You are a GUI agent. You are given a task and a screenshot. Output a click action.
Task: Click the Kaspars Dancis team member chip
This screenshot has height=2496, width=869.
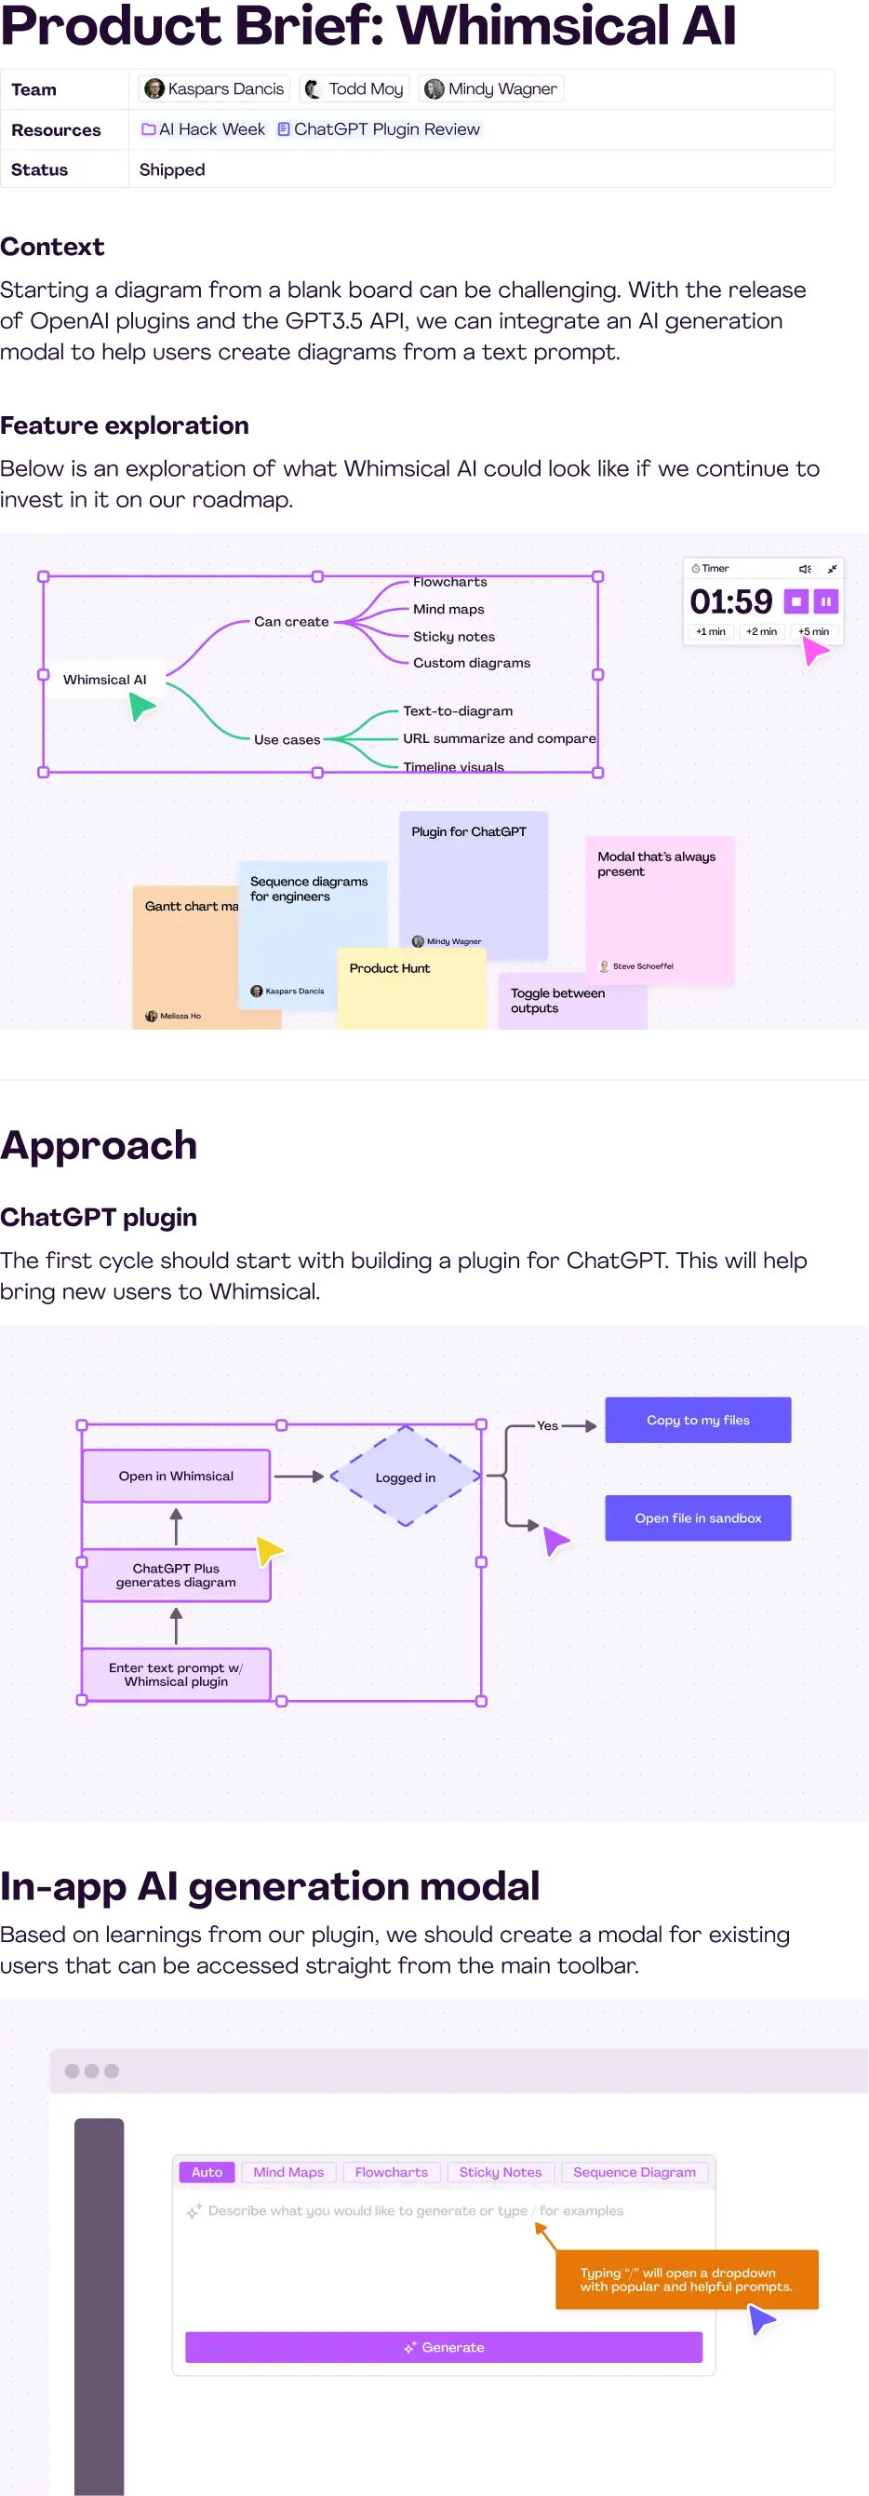point(214,89)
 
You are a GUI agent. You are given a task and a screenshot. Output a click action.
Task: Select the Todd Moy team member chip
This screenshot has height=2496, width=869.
point(354,89)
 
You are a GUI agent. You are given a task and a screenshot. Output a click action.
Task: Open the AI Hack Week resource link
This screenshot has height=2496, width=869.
point(204,129)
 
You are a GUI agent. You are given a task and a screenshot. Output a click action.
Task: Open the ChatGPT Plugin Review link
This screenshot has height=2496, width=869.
point(379,129)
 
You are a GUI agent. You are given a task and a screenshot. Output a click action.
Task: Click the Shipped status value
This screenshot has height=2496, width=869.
point(172,169)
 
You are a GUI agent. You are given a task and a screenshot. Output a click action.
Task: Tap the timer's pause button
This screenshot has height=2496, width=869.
point(825,601)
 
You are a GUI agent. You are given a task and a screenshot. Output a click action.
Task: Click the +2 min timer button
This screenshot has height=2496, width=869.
point(760,632)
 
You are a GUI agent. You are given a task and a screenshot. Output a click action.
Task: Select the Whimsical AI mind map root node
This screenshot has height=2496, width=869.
point(104,680)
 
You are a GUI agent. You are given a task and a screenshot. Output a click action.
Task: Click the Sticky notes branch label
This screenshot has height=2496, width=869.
point(453,637)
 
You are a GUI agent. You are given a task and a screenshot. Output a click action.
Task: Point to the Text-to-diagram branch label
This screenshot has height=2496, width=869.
point(457,711)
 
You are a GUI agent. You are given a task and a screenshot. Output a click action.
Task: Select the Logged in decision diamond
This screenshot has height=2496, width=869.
point(405,1477)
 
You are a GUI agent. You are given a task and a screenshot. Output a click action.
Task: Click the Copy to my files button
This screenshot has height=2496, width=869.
point(698,1421)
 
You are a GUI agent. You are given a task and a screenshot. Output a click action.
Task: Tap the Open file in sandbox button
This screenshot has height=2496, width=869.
point(698,1518)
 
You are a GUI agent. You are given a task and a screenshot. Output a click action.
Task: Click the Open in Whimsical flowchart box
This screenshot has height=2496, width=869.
point(177,1476)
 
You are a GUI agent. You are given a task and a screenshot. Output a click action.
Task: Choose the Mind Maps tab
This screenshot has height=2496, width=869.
point(288,2172)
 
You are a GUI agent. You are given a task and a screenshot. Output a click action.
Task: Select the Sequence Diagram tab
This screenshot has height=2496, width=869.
point(634,2172)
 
